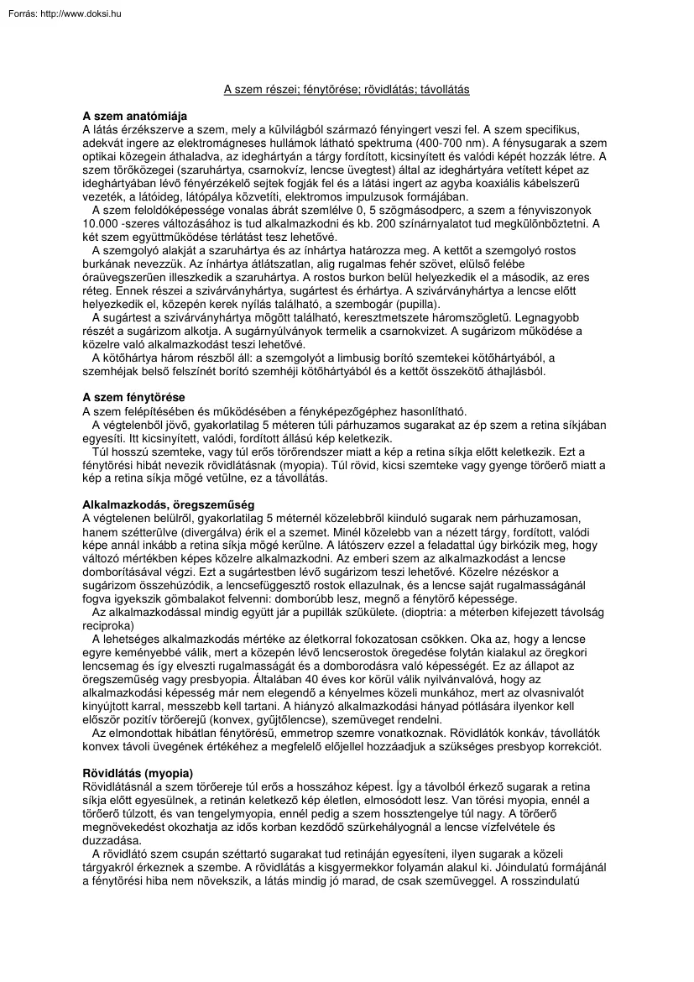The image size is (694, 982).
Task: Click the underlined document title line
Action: (x=347, y=90)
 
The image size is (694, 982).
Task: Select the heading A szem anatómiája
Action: (x=134, y=116)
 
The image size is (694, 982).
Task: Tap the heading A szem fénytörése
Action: (x=134, y=397)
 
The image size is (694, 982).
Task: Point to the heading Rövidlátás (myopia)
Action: (x=138, y=772)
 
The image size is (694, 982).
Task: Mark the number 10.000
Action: (x=101, y=223)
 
